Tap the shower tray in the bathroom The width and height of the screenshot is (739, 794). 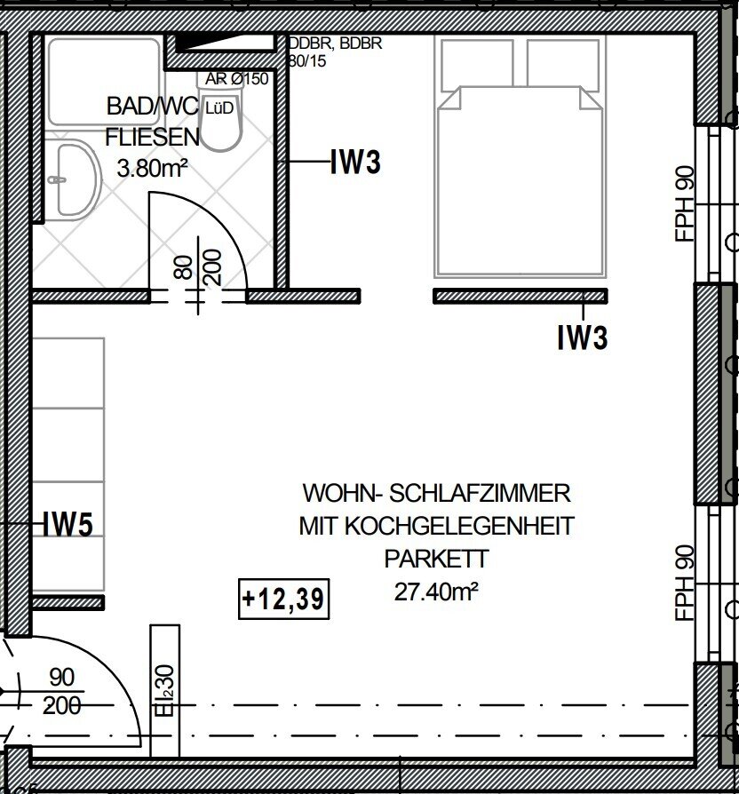(x=104, y=81)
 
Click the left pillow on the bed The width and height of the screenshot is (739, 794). (x=477, y=64)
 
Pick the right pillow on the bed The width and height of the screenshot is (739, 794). (x=564, y=64)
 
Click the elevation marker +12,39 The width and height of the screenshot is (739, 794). (x=283, y=599)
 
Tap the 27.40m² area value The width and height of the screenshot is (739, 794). (x=436, y=592)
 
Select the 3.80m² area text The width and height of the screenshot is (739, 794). (x=153, y=168)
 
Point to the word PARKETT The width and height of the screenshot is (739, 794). (x=436, y=559)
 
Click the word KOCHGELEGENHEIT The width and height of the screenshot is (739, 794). (x=459, y=526)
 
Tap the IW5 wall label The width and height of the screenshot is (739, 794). (x=68, y=524)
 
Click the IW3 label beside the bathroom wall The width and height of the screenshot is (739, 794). (x=355, y=162)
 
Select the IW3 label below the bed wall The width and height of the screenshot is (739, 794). (x=582, y=337)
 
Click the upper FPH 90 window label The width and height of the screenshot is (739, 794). (x=685, y=203)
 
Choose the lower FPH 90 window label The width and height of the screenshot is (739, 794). (x=685, y=583)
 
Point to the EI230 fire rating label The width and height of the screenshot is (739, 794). (x=165, y=690)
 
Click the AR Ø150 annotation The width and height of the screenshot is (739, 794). (x=236, y=79)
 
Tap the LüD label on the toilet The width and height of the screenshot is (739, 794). (x=219, y=107)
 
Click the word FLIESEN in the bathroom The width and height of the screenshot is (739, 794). (x=153, y=138)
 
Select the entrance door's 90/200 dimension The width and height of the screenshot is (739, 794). (x=62, y=691)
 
